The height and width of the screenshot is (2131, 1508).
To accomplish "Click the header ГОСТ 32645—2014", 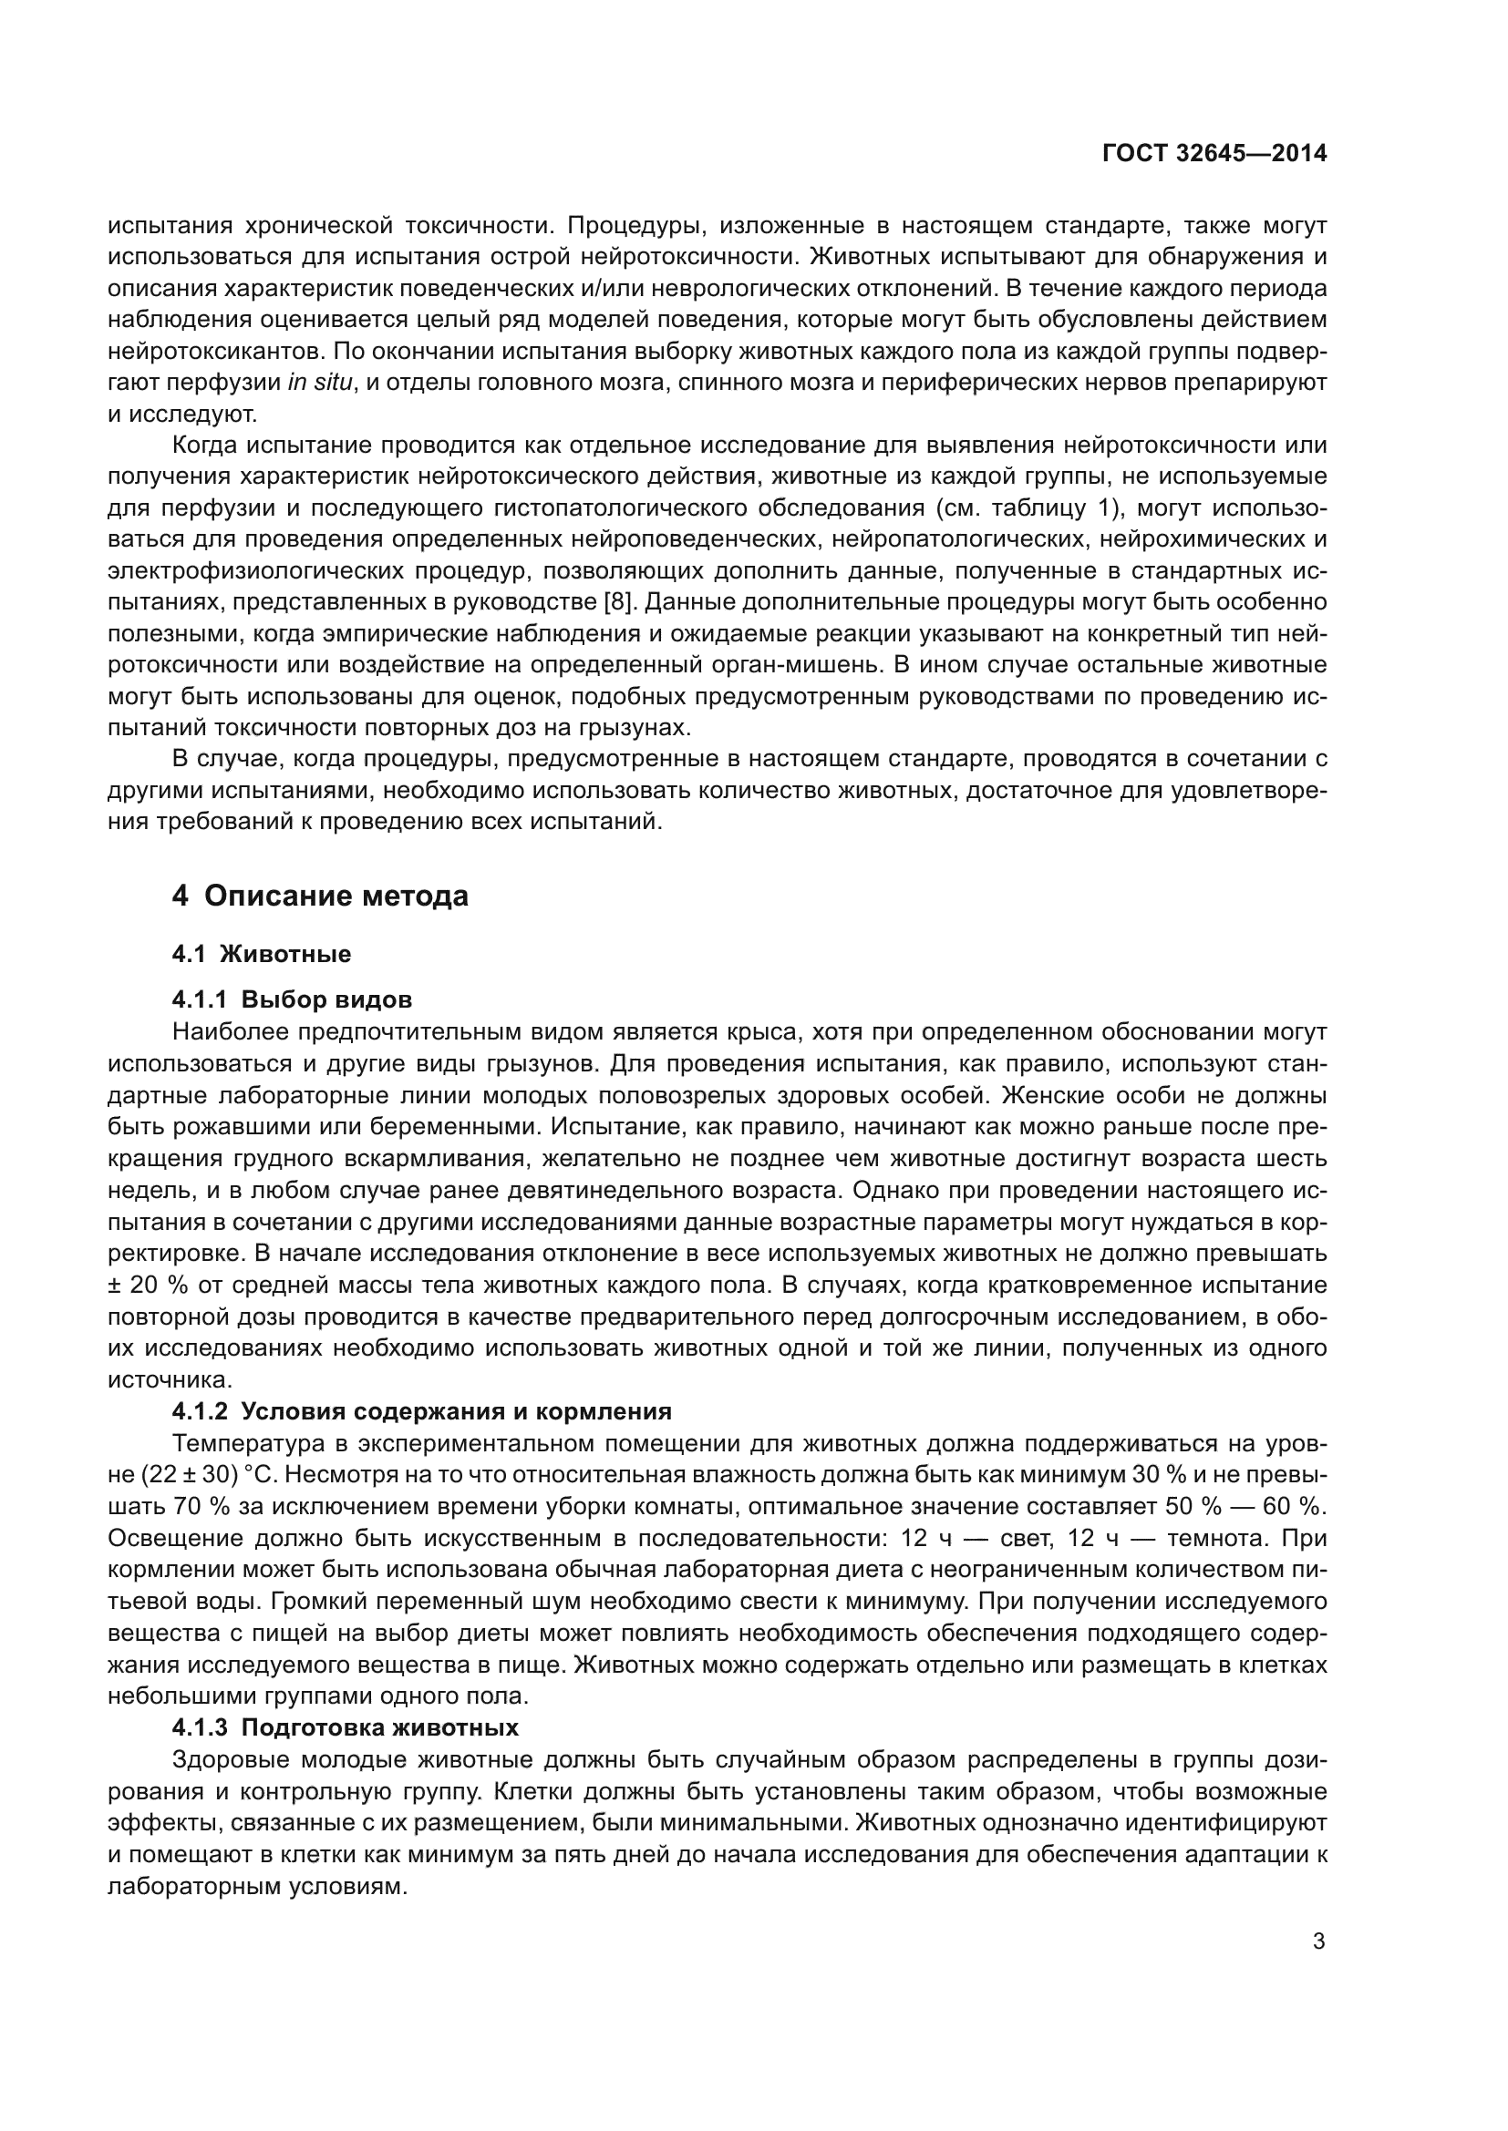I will click(1214, 153).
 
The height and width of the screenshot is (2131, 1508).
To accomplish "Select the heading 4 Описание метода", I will click(320, 896).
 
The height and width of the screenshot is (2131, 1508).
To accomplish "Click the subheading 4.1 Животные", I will click(261, 953).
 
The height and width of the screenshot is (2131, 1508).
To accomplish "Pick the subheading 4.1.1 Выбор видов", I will click(292, 999).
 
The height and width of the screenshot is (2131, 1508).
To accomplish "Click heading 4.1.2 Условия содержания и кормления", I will click(421, 1410).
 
